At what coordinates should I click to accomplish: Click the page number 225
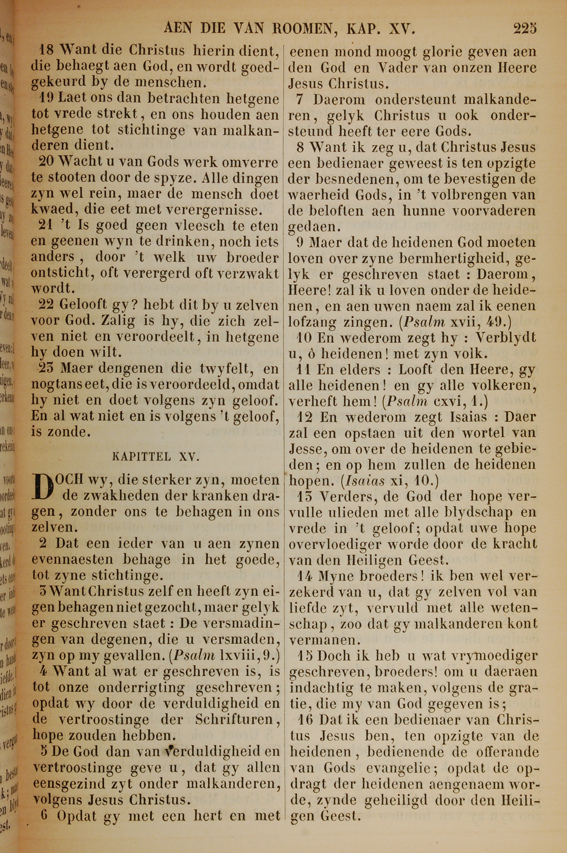coord(525,28)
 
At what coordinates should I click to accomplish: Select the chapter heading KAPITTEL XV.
coord(156,457)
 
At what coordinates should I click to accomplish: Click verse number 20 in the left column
coord(46,162)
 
